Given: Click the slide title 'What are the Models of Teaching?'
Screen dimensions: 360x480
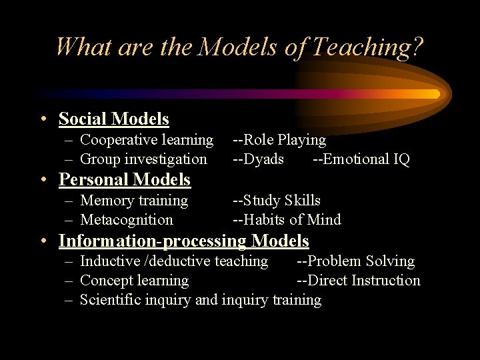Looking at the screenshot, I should tap(239, 47).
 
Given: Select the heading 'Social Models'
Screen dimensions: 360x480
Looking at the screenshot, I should tap(114, 119).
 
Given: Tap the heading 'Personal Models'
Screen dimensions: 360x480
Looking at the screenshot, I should tap(125, 180).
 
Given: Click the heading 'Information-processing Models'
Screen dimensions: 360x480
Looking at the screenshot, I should tap(184, 241).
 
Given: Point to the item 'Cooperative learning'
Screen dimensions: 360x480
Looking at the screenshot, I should tap(147, 140).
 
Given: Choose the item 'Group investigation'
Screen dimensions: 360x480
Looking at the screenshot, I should tap(143, 159).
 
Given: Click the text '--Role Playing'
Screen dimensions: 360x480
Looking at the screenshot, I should tap(279, 140).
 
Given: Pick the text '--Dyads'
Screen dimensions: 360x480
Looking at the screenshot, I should tap(258, 159).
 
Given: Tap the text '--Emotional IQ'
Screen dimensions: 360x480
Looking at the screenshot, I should tap(361, 159).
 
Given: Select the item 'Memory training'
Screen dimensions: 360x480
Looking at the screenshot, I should tap(134, 201).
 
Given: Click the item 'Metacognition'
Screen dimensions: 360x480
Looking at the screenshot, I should tap(126, 220).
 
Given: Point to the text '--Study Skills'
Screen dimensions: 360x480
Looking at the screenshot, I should tap(277, 201).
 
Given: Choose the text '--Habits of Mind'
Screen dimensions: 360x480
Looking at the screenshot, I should tap(287, 220).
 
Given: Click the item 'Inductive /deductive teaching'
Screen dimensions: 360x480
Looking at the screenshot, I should tap(174, 261).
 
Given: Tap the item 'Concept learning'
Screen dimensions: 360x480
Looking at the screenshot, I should tap(134, 281).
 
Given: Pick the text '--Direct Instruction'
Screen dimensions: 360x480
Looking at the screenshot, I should tap(359, 281).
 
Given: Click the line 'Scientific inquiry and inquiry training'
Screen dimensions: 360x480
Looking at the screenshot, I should tap(200, 300).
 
